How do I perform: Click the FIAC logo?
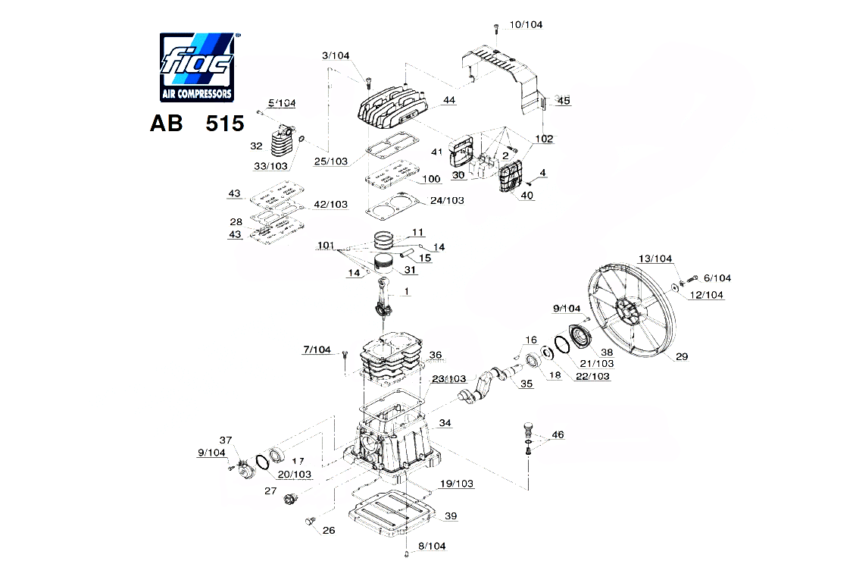coord(195,67)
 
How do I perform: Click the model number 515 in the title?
coord(224,124)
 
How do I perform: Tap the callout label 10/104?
coord(526,25)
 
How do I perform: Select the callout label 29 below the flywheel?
coord(682,356)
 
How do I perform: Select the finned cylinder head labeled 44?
coord(394,110)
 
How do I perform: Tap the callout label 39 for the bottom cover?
coord(451,516)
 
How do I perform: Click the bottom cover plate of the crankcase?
coord(390,512)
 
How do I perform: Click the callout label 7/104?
coord(317,349)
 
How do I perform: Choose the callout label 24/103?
coord(447,200)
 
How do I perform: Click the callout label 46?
coord(558,435)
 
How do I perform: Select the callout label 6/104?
coord(717,278)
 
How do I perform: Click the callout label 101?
coord(326,246)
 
